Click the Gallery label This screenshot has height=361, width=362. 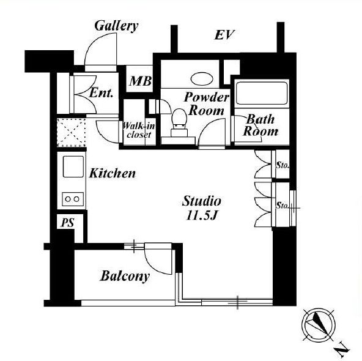point(116,26)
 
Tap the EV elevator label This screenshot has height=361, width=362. point(224,35)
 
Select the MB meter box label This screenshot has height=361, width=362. point(141,81)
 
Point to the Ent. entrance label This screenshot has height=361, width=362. point(101,93)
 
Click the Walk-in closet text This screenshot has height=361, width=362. point(139,130)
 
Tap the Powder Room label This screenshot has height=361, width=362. point(207,103)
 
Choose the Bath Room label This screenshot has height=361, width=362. point(260,125)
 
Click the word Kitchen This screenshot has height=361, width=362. point(112,173)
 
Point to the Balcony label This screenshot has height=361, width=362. point(125,276)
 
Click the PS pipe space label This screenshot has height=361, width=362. point(67,223)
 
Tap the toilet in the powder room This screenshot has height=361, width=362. point(179,123)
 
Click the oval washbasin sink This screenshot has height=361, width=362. point(202,79)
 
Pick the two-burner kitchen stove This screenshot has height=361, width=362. point(73,199)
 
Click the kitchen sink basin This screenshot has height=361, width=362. point(73,166)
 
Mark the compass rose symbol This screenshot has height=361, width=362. point(319,324)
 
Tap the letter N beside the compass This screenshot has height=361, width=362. point(342,351)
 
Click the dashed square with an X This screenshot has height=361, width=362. point(72,133)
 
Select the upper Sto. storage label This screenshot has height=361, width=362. point(283,165)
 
